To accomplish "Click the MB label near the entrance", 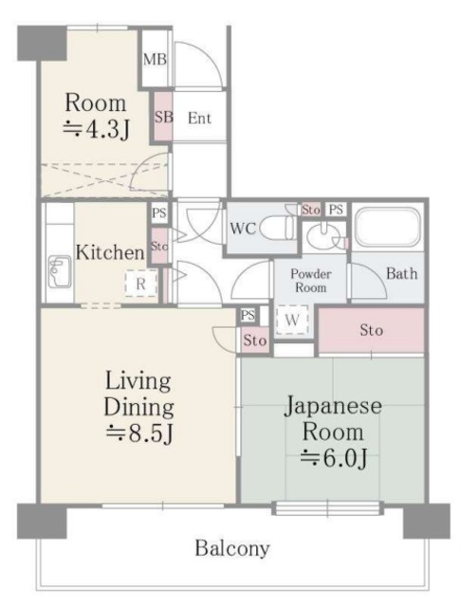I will tap(155, 60).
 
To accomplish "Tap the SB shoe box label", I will tap(162, 118).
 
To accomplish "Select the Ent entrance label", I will tap(199, 119).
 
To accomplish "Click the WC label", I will tap(241, 229).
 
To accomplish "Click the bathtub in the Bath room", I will tap(388, 229).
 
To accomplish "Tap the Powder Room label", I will tap(311, 281).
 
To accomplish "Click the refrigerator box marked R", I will tap(139, 283).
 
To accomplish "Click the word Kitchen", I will tap(111, 252).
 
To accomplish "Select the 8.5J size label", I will tap(140, 435).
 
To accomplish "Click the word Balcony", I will tap(232, 548).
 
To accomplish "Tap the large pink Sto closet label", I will tap(371, 331).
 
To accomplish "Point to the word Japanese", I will tap(333, 406).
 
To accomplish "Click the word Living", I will tap(138, 382).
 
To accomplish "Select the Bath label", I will tap(400, 274).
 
